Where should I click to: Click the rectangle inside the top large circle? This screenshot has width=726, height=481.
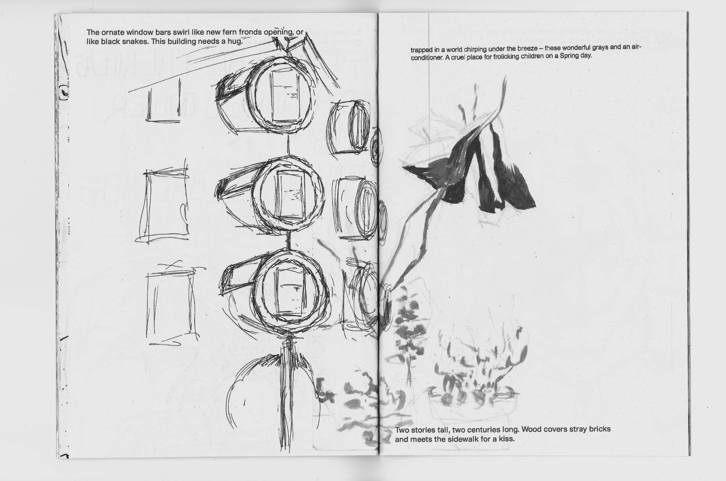pyautogui.click(x=284, y=98)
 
